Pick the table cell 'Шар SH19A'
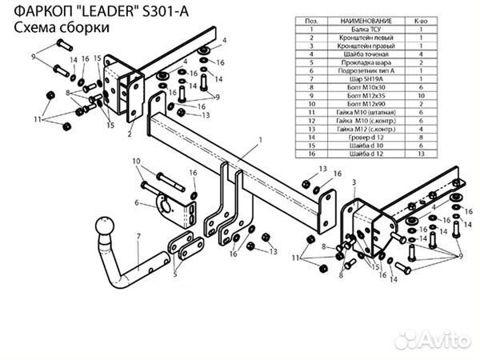click(x=367, y=79)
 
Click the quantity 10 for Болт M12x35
click(x=420, y=96)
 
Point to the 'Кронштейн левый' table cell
click(x=367, y=37)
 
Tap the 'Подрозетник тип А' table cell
click(x=367, y=70)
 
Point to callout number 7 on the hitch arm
click(x=138, y=236)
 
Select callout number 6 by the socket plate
click(x=138, y=204)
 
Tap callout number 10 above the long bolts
click(x=138, y=162)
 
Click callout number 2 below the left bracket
click(x=129, y=134)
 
